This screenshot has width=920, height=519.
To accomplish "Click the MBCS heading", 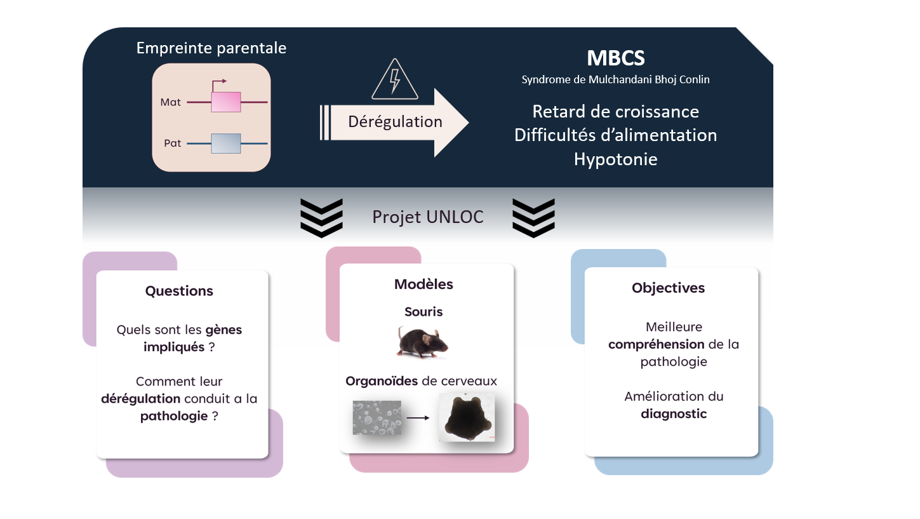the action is point(616,58).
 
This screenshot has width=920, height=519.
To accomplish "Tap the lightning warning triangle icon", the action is point(395,79).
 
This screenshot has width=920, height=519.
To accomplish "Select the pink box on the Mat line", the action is point(226,102).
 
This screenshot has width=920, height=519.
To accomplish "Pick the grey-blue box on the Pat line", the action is point(226,144).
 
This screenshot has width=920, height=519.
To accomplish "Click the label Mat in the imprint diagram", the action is point(170,102).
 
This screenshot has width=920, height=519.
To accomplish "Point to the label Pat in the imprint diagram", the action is point(173,143).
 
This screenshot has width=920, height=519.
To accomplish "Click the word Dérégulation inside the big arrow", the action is point(395,121).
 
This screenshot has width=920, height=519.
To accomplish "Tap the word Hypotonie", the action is point(616,159).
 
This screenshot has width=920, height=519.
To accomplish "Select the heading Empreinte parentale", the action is point(211,48).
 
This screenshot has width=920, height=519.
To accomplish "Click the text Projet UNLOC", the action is point(427,217).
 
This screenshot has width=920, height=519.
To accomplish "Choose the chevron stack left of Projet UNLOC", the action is point(322,218).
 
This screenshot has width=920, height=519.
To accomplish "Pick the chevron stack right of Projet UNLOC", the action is point(533,218).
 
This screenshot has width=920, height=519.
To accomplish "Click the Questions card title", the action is point(179,291).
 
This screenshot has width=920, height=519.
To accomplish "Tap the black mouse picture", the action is point(422,342).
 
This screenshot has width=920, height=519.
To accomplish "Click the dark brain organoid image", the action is point(467,417).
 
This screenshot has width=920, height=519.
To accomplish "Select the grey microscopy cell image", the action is point(377,417).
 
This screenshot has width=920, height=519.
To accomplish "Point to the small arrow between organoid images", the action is point(418,418).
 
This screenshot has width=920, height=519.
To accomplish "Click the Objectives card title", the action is point(668,288).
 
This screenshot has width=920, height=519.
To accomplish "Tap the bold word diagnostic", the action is point(674,414).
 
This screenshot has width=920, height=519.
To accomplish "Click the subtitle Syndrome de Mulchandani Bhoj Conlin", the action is point(616,79).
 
